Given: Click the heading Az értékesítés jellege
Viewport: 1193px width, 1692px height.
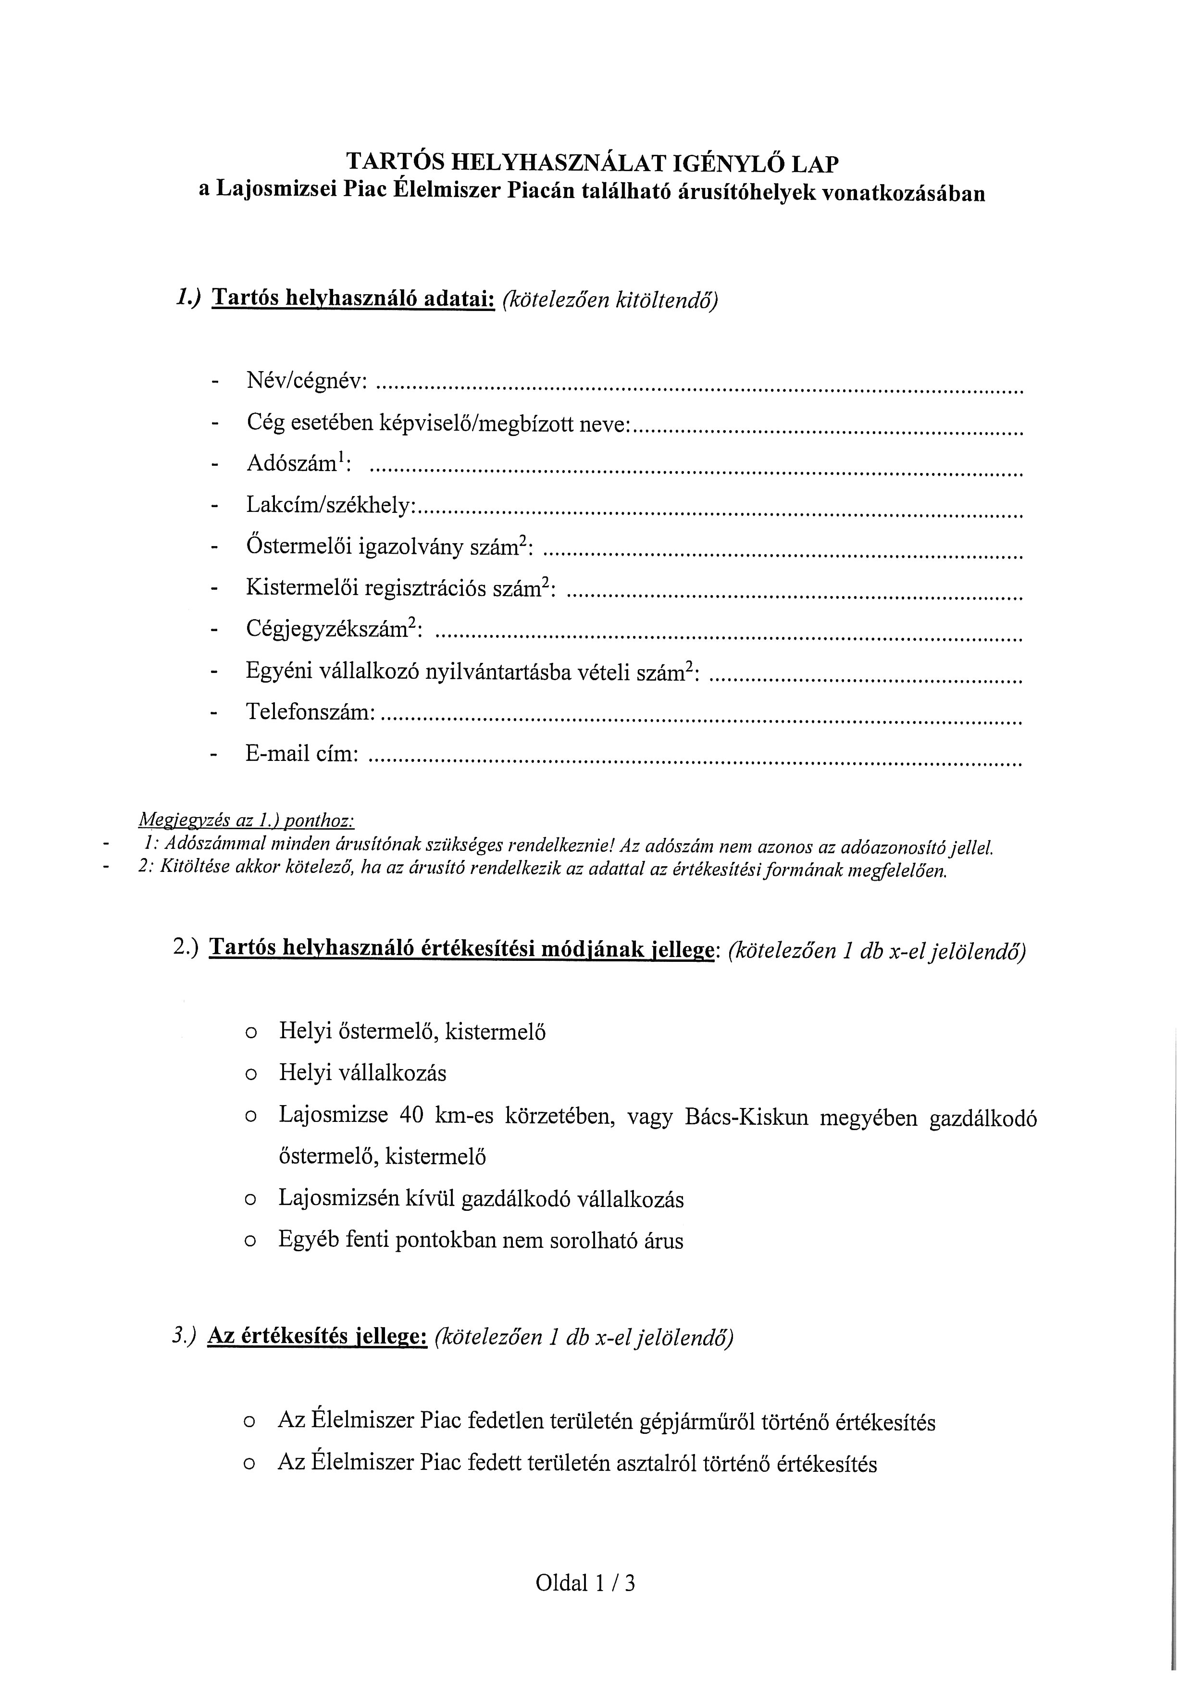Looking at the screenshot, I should click(318, 1336).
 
